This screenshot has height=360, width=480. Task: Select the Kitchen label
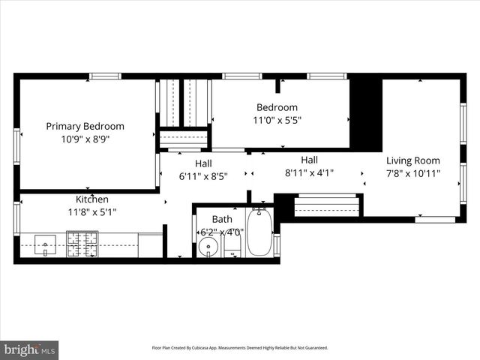point(92,199)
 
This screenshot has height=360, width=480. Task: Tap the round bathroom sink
point(209,247)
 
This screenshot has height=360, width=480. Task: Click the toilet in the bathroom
point(232,247)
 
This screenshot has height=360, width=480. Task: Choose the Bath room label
point(222,219)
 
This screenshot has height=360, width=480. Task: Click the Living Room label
point(412,160)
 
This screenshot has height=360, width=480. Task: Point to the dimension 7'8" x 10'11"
point(412,173)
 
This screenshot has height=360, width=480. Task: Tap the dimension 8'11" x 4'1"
point(309,172)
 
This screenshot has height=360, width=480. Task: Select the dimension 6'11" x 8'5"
point(202,176)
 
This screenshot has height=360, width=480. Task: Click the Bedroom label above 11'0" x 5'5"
point(277,107)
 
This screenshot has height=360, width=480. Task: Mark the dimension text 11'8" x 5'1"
point(92,212)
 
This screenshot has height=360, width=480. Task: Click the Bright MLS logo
point(30,349)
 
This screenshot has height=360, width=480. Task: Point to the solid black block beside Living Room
point(366,112)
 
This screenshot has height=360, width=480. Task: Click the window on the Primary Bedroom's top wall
point(105,76)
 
